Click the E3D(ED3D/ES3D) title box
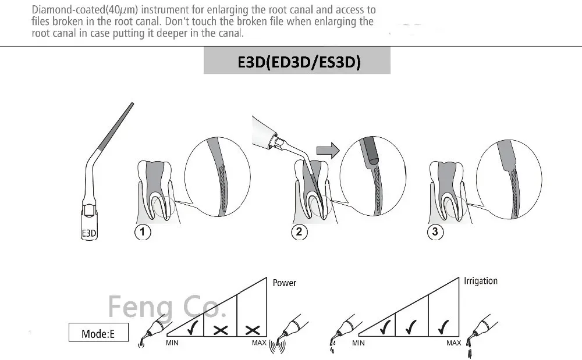point(297,62)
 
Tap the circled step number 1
point(143,232)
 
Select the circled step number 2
point(299,232)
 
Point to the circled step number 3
point(435,232)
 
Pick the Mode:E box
point(98,333)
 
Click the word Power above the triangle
point(285,283)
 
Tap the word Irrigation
point(481,281)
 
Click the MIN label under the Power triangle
point(172,343)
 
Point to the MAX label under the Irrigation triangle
point(454,343)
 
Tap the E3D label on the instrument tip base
point(88,234)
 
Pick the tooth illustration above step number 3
point(448,189)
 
